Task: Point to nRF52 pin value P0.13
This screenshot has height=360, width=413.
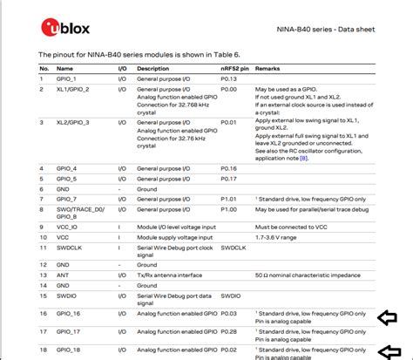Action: tap(228, 78)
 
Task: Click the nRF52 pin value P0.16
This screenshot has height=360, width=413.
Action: tap(228, 167)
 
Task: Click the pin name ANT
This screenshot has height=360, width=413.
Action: tap(63, 274)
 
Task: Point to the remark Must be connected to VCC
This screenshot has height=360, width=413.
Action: tap(291, 227)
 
